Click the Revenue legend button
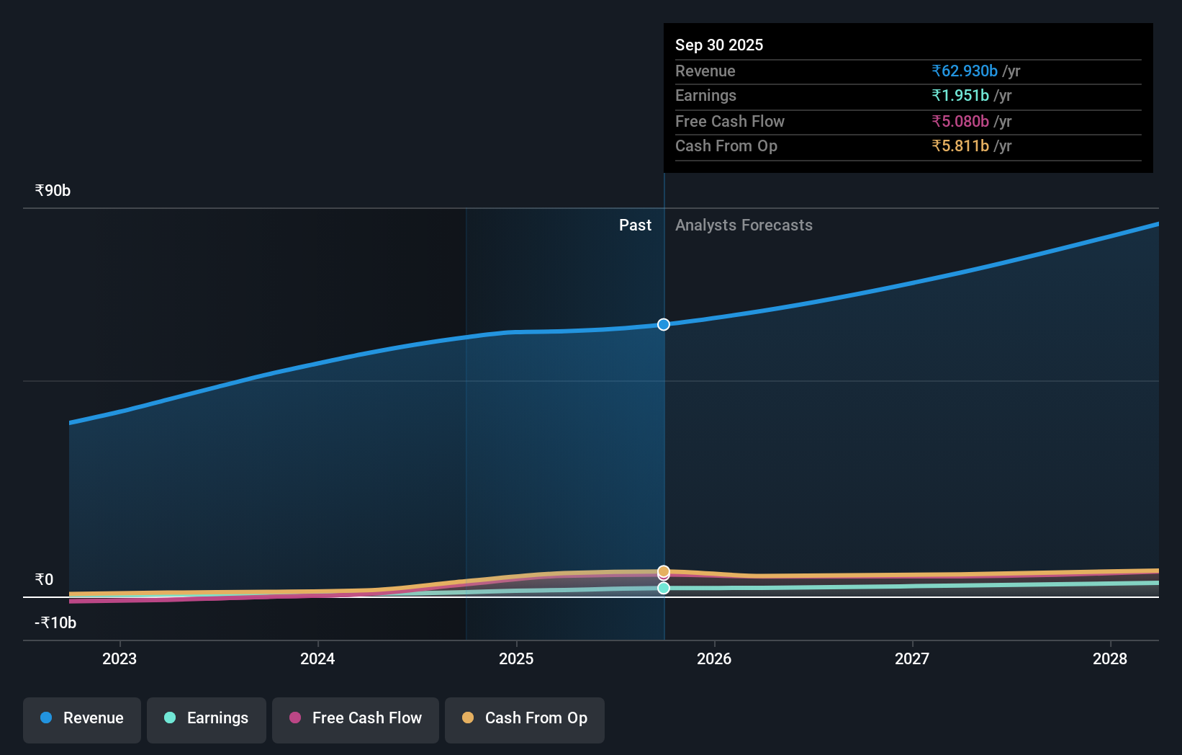[82, 718]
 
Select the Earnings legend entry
[207, 718]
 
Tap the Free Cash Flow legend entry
[356, 718]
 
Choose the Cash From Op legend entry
[525, 718]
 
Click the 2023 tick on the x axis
[119, 658]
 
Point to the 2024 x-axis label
[317, 658]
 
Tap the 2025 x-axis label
[516, 658]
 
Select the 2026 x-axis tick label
[714, 658]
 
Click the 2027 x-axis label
[912, 658]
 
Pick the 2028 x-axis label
[1110, 658]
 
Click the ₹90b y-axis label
[53, 191]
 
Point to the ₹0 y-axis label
[44, 580]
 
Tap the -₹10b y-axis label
[55, 623]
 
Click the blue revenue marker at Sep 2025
[664, 325]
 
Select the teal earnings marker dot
[664, 589]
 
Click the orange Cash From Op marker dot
[664, 571]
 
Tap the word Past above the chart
[635, 225]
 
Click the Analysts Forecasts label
[744, 225]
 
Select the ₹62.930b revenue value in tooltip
[965, 71]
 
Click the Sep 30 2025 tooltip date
[719, 45]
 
